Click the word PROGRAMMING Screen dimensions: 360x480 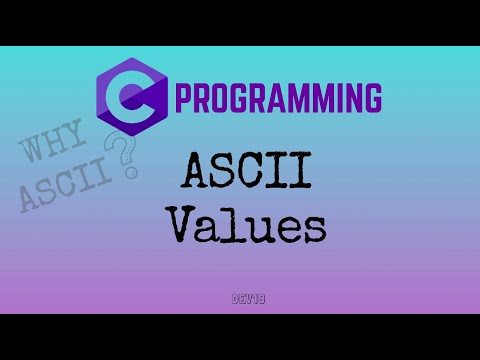(278, 101)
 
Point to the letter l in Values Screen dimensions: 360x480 (238, 225)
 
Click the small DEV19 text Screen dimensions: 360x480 (239, 298)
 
